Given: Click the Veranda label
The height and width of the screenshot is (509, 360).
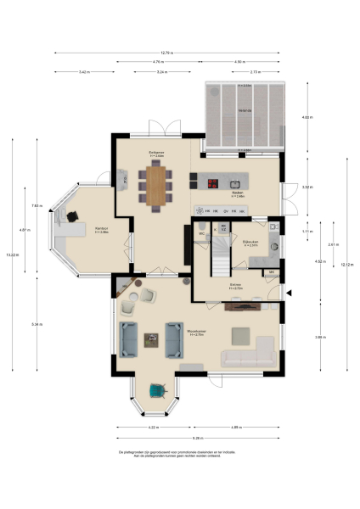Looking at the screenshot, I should pyautogui.click(x=244, y=110).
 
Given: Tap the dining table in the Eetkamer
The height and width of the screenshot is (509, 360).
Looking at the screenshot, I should pyautogui.click(x=156, y=185).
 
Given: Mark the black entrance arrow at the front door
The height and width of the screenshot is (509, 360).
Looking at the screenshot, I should pyautogui.click(x=290, y=294).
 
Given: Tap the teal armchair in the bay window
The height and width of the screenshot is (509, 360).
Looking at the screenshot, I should pyautogui.click(x=156, y=390).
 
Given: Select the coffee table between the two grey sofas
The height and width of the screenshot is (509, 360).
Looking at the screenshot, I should pyautogui.click(x=151, y=339).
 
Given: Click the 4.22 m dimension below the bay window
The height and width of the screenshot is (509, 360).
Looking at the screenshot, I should pyautogui.click(x=154, y=427).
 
